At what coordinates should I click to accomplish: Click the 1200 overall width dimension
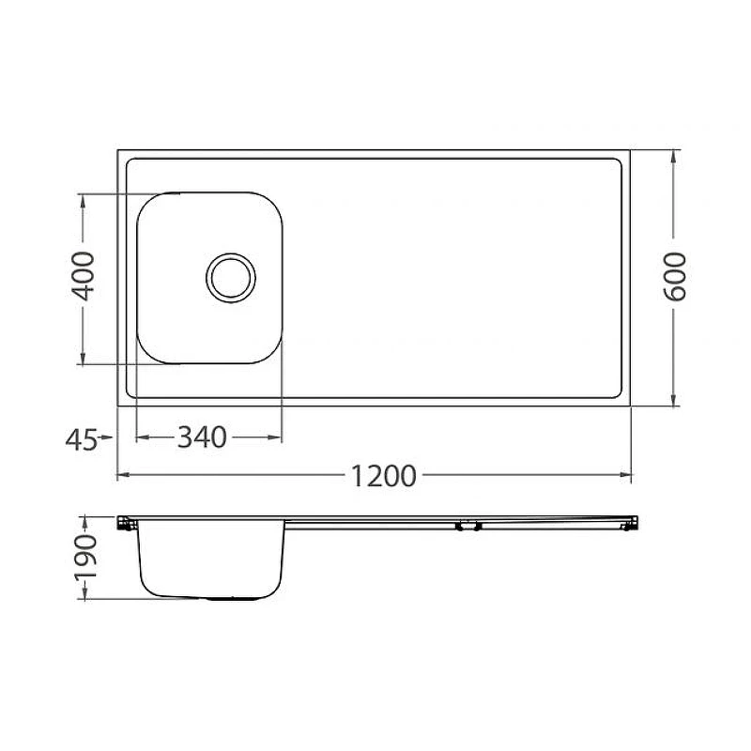tap(384, 476)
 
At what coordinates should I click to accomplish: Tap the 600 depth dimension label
tap(674, 277)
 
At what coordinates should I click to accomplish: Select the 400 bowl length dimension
tap(83, 276)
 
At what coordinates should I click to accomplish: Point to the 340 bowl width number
tap(202, 437)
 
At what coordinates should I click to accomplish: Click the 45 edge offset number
tap(82, 439)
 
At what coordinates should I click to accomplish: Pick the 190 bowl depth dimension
tap(85, 558)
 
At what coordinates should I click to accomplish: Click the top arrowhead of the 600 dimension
tap(674, 157)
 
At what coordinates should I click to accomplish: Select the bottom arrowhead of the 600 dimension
tap(674, 400)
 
